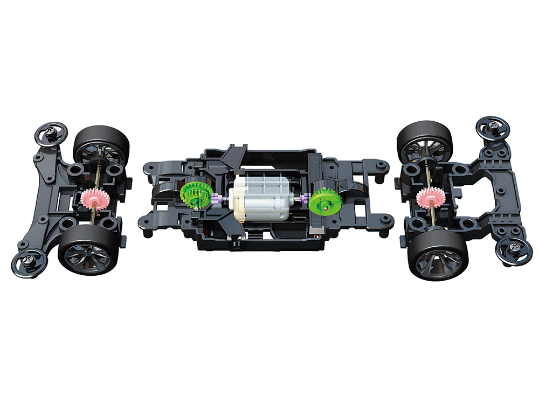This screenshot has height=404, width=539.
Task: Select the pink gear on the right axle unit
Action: (x=430, y=198)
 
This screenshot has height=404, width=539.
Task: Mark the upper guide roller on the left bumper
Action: (x=50, y=132)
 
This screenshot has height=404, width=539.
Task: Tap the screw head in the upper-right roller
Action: (x=494, y=127)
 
